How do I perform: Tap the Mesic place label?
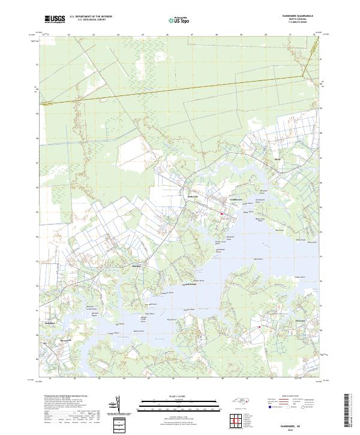pos(277,159)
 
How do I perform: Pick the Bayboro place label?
pos(50,322)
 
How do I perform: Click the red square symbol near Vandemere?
pos(221,214)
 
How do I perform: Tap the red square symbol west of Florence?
pos(259,327)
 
